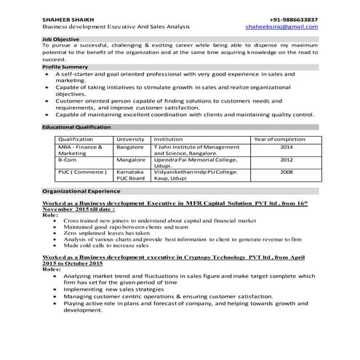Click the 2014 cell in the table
[287, 146]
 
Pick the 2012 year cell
[287, 159]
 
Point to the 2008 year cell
[287, 172]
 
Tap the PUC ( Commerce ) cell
[82, 172]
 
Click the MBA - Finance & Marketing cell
[81, 150]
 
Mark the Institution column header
[168, 138]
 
